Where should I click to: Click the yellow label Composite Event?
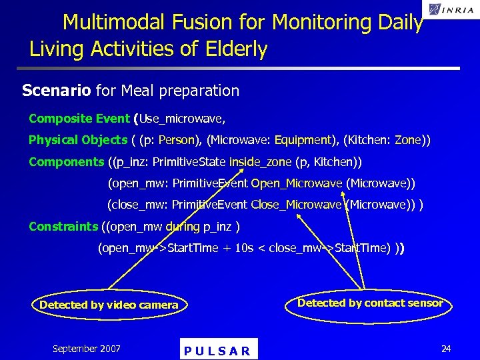[79, 119]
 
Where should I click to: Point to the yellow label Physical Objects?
[77, 140]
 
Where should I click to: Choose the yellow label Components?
[66, 162]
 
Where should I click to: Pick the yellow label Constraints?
[63, 227]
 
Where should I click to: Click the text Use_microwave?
[181, 119]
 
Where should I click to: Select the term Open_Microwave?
[297, 183]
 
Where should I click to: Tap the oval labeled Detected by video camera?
[109, 305]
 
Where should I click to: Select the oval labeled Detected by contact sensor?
[370, 303]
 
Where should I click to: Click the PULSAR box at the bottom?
[218, 350]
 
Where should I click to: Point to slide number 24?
[445, 348]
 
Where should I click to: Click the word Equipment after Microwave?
[303, 140]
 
